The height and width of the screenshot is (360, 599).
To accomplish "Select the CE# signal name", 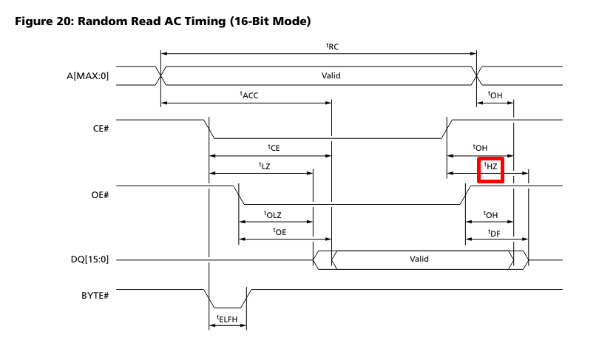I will coord(101,129).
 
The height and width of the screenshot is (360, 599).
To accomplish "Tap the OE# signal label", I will coord(100,195).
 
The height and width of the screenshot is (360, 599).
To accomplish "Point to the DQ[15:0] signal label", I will coord(92,260).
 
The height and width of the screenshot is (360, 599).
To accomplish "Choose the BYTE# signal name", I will coord(96,296).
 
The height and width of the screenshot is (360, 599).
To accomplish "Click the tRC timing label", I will coord(332,46).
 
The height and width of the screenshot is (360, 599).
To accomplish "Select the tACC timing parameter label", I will coord(248,95).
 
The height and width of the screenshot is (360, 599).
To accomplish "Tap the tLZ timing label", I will coord(265,166).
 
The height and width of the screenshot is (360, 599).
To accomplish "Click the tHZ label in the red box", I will coord(490,167).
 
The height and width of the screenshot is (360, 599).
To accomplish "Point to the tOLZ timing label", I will coord(273,214).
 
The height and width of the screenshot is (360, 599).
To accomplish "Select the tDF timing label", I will coord(495,232).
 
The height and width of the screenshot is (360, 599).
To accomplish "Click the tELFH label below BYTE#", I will coord(227,320).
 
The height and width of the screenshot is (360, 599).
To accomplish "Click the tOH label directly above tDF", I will coord(490,214).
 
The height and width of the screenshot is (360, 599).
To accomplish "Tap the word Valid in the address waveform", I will coord(331,75).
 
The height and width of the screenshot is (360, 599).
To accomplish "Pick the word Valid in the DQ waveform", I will coord(419,259).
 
